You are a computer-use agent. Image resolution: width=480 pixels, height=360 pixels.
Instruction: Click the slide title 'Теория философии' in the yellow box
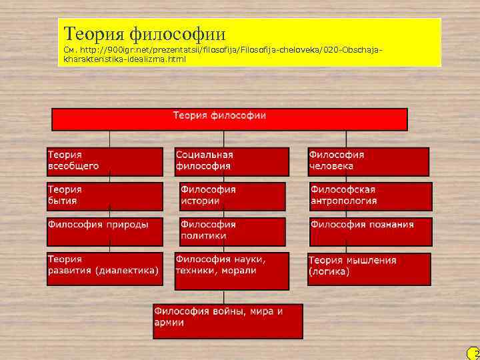tap(145, 33)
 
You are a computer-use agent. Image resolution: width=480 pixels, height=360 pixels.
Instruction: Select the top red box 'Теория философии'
tap(229, 119)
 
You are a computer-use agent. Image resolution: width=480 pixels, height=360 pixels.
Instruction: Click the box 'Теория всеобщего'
tap(105, 161)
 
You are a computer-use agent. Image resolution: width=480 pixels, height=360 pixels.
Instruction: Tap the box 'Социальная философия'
tap(231, 161)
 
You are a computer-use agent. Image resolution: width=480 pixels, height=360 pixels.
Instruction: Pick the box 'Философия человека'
tap(368, 161)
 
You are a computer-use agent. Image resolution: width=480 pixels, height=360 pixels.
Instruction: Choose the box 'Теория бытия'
tap(105, 196)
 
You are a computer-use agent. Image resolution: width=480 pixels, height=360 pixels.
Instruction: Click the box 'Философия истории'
tap(232, 196)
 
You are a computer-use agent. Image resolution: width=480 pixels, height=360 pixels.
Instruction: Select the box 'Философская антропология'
tap(369, 196)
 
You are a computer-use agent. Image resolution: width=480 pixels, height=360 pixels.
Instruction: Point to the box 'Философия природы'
tap(105, 231)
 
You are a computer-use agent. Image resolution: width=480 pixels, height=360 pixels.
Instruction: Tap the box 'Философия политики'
tap(232, 231)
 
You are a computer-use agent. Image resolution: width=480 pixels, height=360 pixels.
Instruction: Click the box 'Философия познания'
tap(369, 231)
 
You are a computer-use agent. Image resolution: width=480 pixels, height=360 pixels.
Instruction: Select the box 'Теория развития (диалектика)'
tap(105, 265)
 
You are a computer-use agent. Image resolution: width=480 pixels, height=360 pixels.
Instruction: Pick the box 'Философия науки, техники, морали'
tap(231, 271)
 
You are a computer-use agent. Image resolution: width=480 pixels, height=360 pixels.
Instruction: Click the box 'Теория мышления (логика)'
tap(368, 267)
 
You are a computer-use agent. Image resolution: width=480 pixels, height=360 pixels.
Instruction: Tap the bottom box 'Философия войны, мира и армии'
tap(227, 321)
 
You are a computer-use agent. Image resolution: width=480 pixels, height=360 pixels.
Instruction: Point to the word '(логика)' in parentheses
tap(329, 273)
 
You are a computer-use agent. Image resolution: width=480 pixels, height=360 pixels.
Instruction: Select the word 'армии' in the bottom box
tap(169, 323)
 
